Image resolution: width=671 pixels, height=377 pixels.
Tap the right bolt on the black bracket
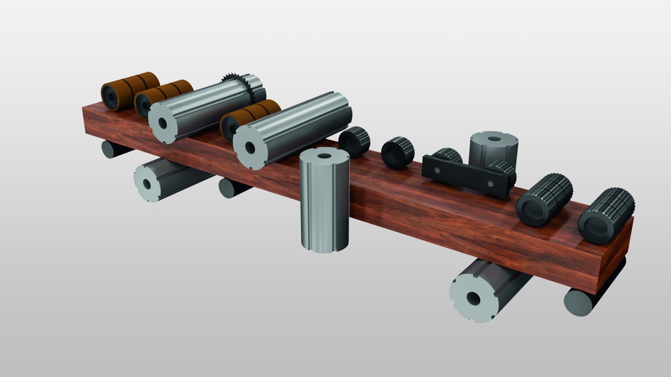[491, 183]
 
